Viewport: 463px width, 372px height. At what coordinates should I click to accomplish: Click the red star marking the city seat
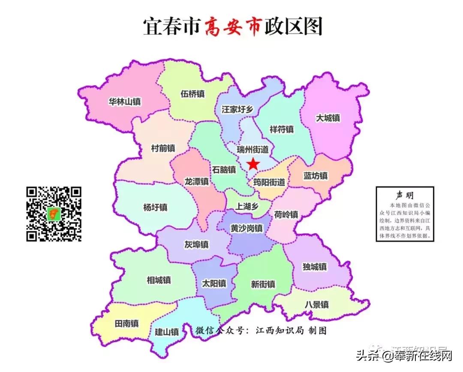253,164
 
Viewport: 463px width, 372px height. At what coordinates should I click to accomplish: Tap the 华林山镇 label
125,102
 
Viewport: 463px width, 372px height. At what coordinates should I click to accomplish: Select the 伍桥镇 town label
192,94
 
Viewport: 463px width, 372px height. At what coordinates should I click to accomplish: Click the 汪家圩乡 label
238,109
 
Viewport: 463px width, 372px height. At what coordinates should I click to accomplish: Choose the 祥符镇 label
282,129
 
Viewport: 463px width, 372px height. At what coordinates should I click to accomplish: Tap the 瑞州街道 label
253,149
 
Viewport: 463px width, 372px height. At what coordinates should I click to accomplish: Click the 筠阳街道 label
269,182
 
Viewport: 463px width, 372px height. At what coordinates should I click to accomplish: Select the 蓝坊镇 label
316,176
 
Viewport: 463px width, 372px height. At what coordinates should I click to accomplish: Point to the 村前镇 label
163,148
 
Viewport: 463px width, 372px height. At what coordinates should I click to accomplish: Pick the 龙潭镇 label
196,182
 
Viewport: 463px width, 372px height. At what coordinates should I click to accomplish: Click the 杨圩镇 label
155,208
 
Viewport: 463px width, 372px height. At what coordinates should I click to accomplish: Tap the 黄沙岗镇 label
247,228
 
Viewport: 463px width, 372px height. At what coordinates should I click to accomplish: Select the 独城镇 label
315,267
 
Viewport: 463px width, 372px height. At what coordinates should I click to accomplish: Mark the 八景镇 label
317,305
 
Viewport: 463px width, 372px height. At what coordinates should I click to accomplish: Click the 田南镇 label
126,323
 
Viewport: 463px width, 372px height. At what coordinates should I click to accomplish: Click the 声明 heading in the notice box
405,195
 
